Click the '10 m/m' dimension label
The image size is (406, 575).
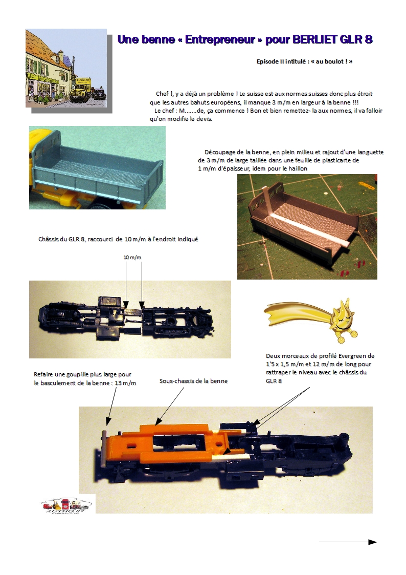point(132,258)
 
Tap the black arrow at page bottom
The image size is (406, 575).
point(347,542)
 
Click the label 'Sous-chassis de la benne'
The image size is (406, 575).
point(193,381)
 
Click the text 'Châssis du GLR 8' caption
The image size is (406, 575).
point(61,240)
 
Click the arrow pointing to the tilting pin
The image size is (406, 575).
point(112,407)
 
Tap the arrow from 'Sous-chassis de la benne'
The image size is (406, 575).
point(169,407)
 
